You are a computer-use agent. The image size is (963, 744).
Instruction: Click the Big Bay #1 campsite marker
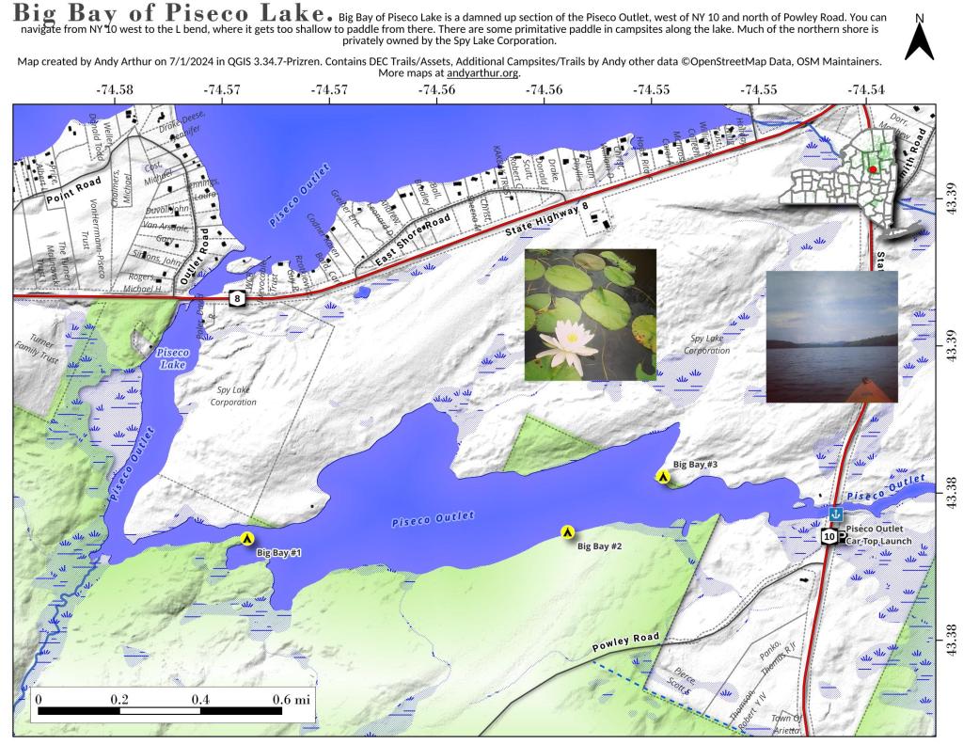tap(247, 539)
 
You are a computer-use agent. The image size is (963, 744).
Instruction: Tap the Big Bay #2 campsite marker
tap(568, 532)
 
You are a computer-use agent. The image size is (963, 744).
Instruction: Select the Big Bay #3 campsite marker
tap(663, 477)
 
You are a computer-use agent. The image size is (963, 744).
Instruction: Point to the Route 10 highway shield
tap(829, 536)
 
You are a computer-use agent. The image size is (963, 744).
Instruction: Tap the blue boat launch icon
tap(835, 514)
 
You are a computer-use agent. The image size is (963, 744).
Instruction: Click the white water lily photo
tap(590, 314)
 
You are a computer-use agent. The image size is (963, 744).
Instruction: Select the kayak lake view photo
tap(831, 336)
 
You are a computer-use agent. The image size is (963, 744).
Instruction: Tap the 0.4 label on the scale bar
tap(199, 700)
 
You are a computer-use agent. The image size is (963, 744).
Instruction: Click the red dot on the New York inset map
tap(873, 169)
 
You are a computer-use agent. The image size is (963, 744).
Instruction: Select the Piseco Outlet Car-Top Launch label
tap(881, 536)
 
